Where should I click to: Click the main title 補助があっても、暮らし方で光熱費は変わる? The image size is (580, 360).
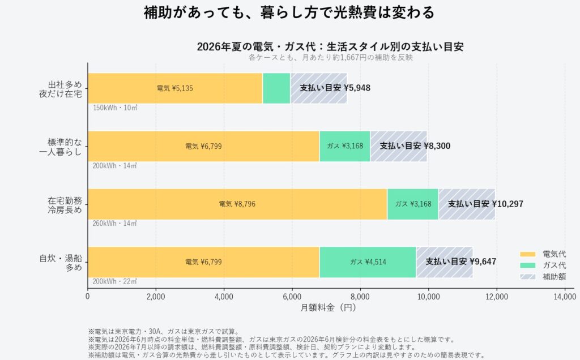289,12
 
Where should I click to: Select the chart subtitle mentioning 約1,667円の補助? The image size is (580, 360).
330,57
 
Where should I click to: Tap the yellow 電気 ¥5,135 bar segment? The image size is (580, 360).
175,88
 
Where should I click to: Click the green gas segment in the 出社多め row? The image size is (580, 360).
276,88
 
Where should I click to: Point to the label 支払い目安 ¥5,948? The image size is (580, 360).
335,88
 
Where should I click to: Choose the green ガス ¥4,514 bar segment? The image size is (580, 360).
368,262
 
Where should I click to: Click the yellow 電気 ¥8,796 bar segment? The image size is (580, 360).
237,204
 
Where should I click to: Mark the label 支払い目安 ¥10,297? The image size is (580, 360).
485,204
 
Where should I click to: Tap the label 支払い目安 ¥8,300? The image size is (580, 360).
415,146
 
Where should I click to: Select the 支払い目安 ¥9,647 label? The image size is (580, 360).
460,262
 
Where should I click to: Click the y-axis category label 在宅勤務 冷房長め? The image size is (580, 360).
65,205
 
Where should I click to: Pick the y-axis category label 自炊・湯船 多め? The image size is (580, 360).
61,263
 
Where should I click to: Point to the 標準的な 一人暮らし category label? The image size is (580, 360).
60,147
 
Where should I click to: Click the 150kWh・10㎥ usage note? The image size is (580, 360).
115,108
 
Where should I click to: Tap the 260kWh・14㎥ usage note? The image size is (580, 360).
114,224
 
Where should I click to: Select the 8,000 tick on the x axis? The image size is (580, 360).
360,297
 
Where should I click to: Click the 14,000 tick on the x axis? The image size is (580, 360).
565,297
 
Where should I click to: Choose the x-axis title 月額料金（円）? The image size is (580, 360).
328,307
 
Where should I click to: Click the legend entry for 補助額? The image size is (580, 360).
543,277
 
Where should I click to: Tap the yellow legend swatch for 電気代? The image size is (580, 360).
527,254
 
